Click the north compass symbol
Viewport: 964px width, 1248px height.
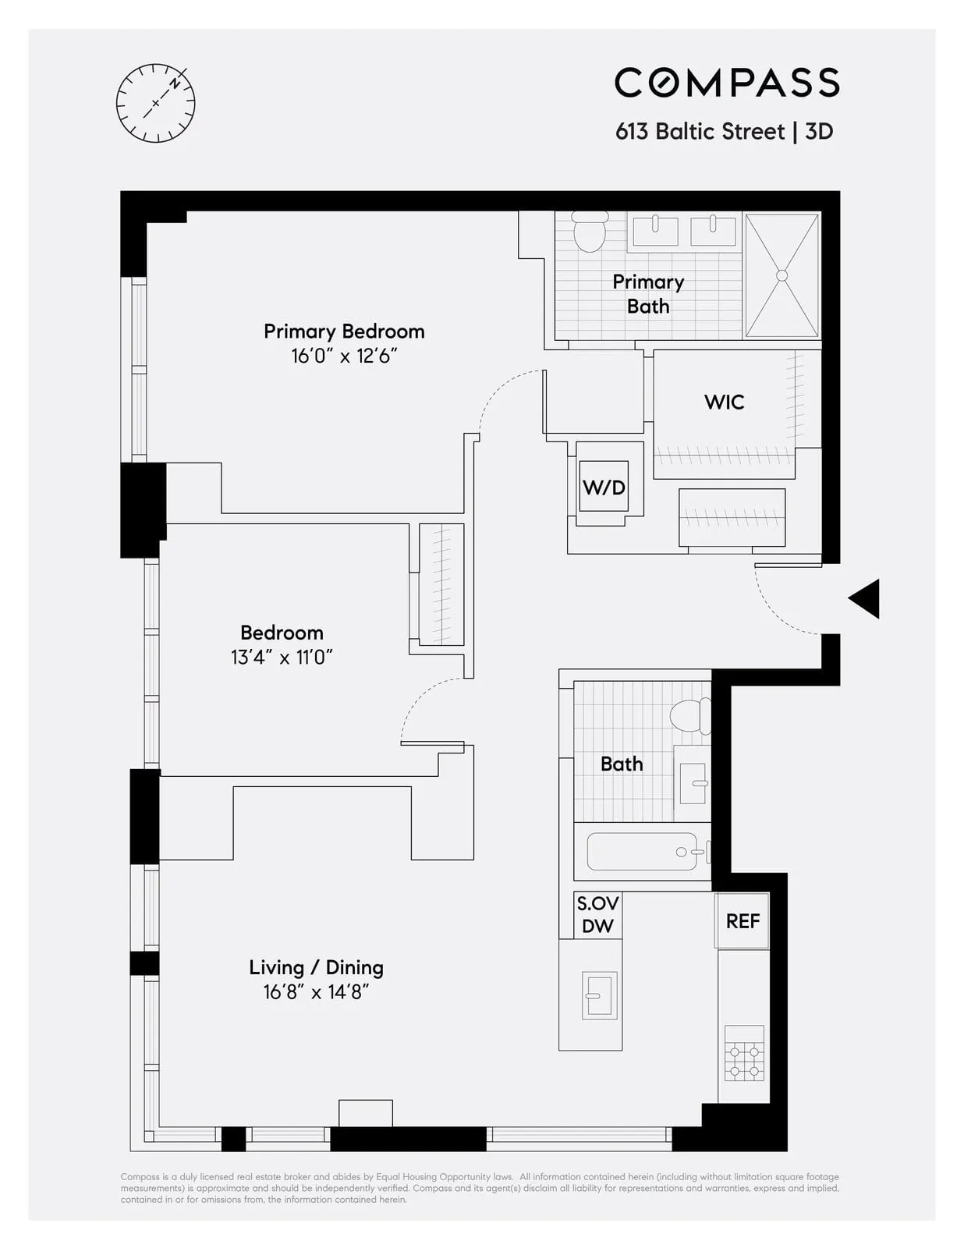coord(155,103)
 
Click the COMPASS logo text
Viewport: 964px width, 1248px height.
coord(726,83)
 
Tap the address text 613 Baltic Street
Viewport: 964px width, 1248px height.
coord(700,131)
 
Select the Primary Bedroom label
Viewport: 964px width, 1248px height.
coord(344,331)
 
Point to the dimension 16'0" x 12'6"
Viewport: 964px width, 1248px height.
coord(344,356)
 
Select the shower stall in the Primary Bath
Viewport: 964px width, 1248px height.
coord(781,275)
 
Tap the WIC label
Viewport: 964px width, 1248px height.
coord(724,402)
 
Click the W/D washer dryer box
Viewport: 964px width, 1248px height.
coord(604,487)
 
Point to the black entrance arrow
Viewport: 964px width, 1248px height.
coord(865,599)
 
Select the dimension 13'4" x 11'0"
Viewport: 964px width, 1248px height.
coord(282,657)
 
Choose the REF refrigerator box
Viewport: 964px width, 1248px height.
coord(742,921)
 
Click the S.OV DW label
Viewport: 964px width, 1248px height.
coord(597,915)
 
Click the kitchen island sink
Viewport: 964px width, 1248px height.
coord(600,994)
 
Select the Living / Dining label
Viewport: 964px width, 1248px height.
coord(316,967)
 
